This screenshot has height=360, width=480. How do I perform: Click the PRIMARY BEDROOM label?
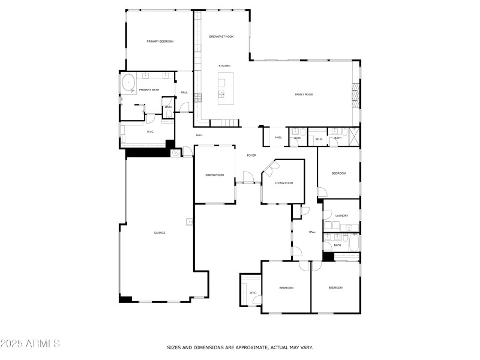160,41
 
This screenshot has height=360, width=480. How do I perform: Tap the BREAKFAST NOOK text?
221,37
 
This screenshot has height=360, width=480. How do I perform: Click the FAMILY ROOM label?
304,95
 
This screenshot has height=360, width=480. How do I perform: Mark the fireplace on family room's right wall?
355,94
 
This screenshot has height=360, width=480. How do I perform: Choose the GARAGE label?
160,233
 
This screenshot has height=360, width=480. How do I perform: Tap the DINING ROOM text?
214,175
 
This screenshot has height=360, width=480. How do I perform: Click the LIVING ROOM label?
284,183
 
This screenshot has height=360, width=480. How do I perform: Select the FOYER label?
251,155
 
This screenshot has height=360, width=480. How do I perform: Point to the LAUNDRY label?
342,215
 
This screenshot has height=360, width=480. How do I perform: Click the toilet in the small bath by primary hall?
169,114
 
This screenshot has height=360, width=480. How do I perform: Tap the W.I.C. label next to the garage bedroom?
253,293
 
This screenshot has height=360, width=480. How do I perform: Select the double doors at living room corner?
268,170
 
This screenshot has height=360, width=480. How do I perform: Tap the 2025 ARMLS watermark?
30,344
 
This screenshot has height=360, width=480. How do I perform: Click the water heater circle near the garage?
176,154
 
